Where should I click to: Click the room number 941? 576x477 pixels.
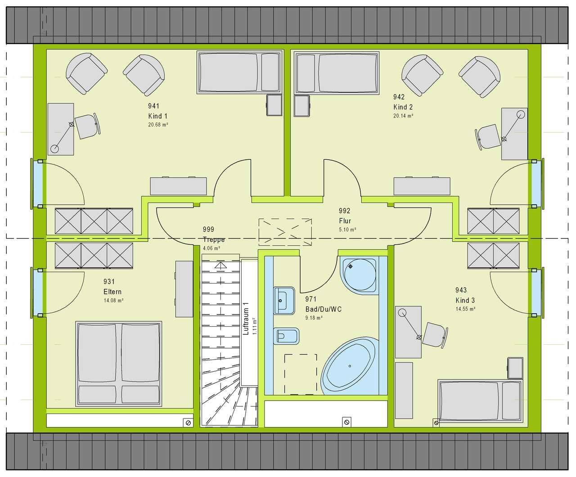coord(153,106)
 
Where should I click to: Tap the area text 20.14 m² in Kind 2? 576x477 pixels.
coord(403,116)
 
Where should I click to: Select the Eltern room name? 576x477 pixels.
coord(112,292)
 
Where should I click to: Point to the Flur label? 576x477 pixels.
coord(345,220)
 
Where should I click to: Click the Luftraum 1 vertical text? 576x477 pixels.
coord(246,319)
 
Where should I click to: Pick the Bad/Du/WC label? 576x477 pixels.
coord(323,309)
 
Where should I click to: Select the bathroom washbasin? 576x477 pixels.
coord(284,301)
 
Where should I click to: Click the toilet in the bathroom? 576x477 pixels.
coord(286,336)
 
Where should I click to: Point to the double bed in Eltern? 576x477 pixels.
coord(119,364)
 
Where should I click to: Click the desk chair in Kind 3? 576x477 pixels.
coord(435,335)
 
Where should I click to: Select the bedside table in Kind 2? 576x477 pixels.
coord(302,106)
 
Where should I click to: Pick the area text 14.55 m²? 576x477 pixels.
coord(465,309)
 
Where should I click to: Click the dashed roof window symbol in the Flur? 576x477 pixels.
coord(285,232)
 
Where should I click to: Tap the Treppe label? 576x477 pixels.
coord(214,239)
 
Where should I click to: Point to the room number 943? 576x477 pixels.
coord(461,290)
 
